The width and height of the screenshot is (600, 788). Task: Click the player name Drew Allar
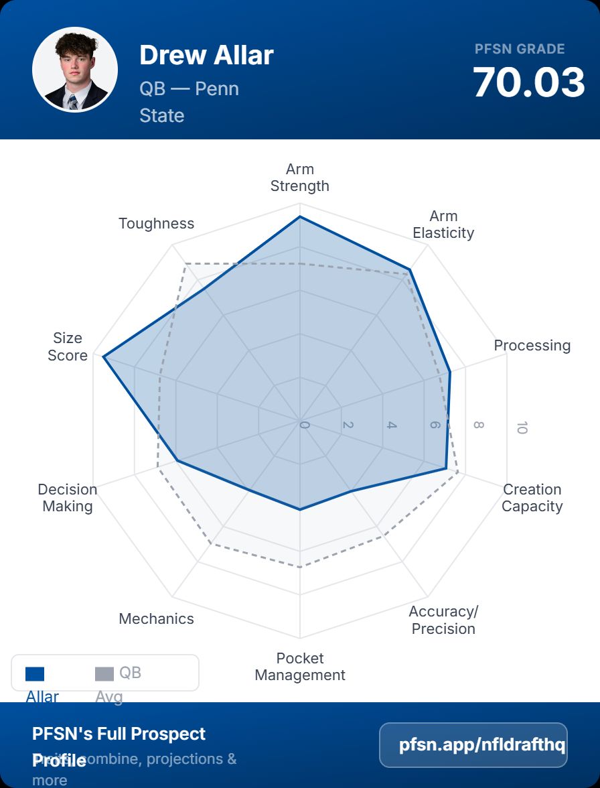coord(206,55)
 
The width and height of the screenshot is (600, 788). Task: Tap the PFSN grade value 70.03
coord(529,82)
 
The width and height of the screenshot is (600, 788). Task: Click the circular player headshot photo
coord(75,70)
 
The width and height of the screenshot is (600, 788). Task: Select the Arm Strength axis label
coord(299,178)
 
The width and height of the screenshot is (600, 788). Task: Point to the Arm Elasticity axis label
coord(443,224)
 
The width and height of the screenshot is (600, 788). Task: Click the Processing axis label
coord(532,346)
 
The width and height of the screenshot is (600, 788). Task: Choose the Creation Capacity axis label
coord(532,498)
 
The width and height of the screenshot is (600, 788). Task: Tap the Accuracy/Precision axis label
coord(443,620)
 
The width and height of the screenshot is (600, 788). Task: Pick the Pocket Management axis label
coord(300,667)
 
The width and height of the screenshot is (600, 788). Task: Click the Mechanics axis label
coord(156,619)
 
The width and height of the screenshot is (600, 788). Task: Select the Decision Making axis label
coord(68,498)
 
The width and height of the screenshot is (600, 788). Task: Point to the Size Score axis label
coord(68,347)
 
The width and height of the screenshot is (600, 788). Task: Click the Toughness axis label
coord(156,224)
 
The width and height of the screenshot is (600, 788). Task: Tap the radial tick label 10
coord(522,428)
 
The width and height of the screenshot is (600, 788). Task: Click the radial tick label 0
coord(305,425)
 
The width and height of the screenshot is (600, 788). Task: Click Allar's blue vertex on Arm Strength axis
coord(300,217)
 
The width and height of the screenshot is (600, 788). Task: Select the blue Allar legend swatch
coord(35,674)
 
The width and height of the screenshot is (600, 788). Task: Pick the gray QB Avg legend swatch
coord(104,674)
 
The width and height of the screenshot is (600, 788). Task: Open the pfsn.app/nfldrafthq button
coord(473,745)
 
